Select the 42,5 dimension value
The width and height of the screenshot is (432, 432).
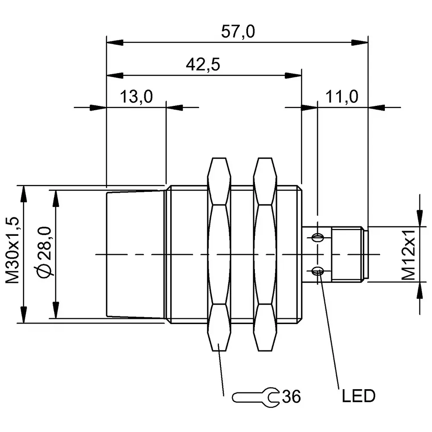(203, 65)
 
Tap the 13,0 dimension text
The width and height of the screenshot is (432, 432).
(136, 97)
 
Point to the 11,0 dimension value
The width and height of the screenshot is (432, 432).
(342, 97)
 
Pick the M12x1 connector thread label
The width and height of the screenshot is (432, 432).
(408, 255)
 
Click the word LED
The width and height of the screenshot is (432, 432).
(358, 395)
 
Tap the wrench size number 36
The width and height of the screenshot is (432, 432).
(291, 396)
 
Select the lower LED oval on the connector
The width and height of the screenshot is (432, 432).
(318, 271)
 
